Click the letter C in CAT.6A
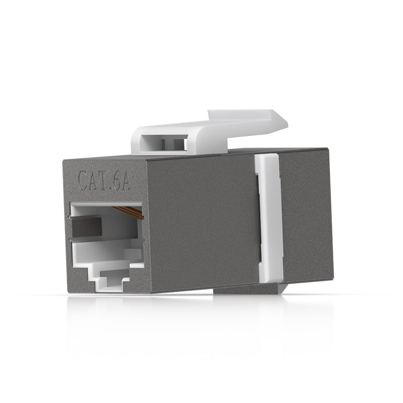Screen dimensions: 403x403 (x=84, y=180)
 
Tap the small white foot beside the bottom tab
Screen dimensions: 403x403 (x=284, y=288)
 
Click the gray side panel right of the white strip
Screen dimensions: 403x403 (x=305, y=217)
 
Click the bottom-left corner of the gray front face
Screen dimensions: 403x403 (x=69, y=291)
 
